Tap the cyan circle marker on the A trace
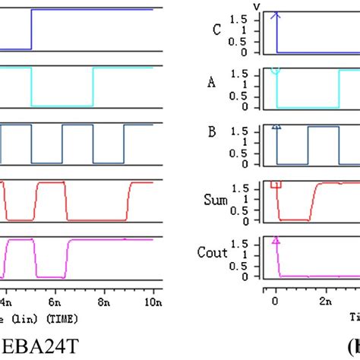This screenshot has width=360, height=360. click(276, 71)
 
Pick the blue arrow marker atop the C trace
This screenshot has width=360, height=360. click(276, 14)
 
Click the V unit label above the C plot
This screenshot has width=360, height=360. click(256, 6)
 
